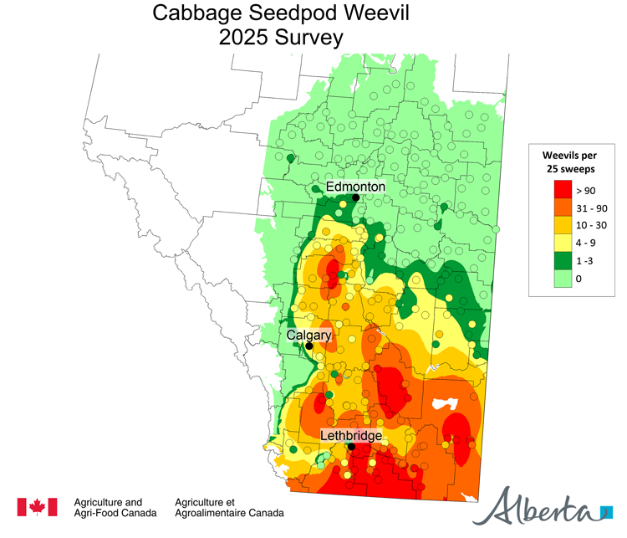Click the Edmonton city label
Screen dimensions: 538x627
click(x=355, y=186)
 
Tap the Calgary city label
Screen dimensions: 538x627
click(x=309, y=335)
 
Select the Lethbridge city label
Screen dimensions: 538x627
click(x=351, y=436)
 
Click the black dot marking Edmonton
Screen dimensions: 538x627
click(x=355, y=197)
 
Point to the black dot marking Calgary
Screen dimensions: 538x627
click(x=308, y=346)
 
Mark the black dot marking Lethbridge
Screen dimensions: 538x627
click(x=352, y=447)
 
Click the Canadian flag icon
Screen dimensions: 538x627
click(x=38, y=507)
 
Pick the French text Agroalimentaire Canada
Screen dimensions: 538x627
click(x=229, y=513)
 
